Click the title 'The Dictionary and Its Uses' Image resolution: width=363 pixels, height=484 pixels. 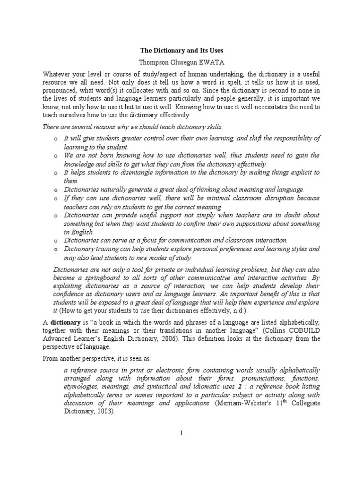(x=181, y=50)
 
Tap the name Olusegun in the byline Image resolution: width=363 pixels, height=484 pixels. (x=182, y=61)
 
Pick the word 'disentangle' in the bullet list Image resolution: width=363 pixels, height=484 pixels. (x=121, y=173)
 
